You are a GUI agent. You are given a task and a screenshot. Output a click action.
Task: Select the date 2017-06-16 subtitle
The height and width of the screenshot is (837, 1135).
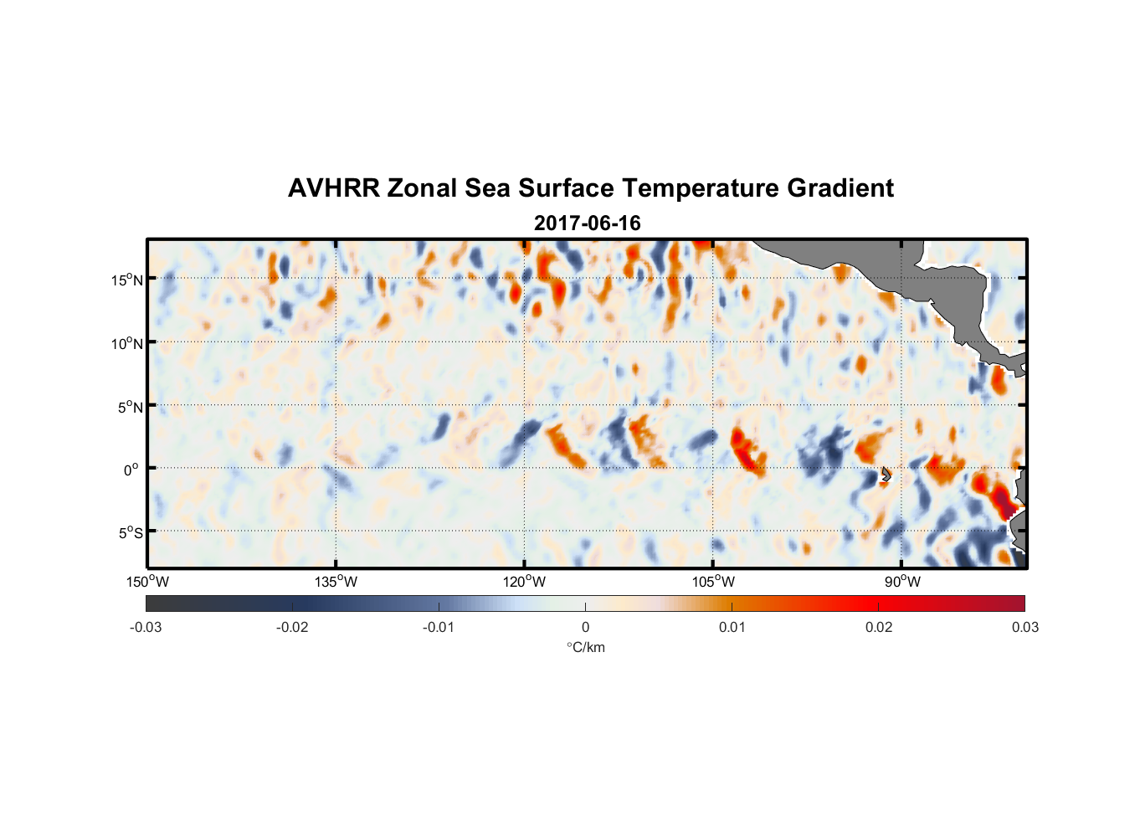click(587, 223)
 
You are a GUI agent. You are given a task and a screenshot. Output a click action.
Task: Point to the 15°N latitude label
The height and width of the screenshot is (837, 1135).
click(127, 280)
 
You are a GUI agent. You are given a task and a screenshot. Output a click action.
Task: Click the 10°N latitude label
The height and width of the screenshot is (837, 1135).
click(127, 343)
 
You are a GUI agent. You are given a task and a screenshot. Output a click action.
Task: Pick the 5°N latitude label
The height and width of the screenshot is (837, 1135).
click(130, 407)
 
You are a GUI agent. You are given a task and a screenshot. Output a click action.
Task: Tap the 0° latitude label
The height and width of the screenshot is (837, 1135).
click(131, 470)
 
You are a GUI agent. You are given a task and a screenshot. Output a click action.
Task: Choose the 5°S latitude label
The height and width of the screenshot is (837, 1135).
click(130, 533)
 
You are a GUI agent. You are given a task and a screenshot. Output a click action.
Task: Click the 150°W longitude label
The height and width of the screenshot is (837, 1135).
click(148, 582)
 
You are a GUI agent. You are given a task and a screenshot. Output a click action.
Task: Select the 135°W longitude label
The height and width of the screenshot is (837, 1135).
click(336, 582)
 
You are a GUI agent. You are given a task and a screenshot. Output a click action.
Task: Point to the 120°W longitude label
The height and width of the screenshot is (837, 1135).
click(525, 582)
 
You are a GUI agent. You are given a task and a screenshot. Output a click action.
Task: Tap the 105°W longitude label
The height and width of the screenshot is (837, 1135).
click(713, 582)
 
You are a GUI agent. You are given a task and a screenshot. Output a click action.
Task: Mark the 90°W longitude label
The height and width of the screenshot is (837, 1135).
click(902, 582)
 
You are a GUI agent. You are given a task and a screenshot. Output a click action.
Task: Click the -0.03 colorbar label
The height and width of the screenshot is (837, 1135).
click(146, 627)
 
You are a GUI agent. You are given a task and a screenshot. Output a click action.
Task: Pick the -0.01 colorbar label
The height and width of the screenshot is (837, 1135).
click(439, 627)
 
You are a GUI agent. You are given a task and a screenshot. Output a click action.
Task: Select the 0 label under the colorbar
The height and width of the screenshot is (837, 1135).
click(585, 627)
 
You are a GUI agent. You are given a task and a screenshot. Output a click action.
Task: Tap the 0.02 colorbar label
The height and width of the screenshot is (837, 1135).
click(879, 627)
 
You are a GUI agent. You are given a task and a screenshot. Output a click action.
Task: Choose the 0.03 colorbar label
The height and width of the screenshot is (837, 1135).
click(1025, 627)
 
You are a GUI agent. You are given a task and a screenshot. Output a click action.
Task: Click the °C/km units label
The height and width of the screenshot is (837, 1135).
click(585, 647)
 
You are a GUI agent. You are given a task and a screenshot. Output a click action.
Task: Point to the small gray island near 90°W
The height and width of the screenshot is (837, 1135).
click(885, 475)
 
